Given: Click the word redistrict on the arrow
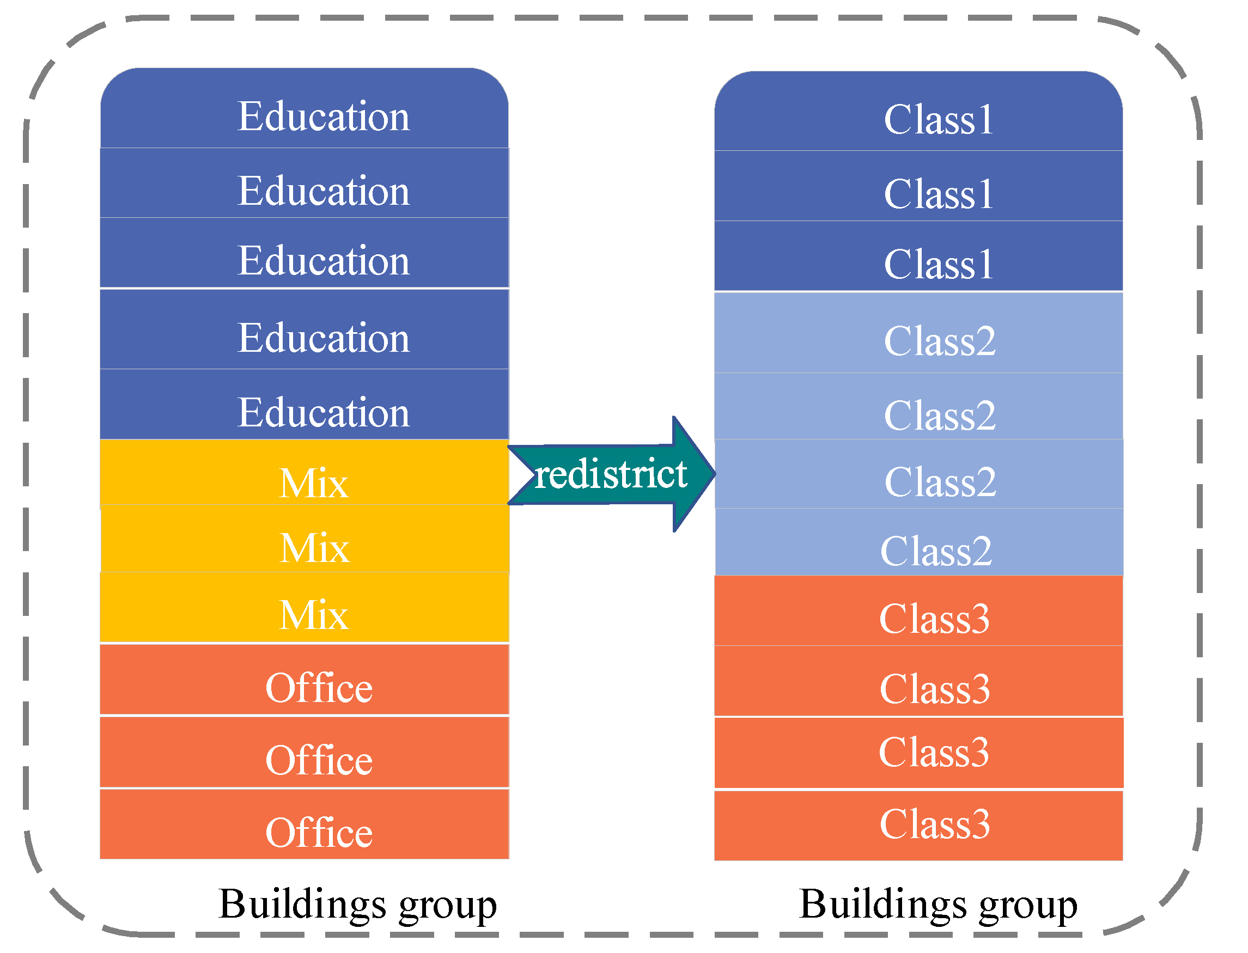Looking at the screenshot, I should pyautogui.click(x=611, y=474).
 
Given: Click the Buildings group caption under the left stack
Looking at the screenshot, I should pyautogui.click(x=357, y=904).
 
